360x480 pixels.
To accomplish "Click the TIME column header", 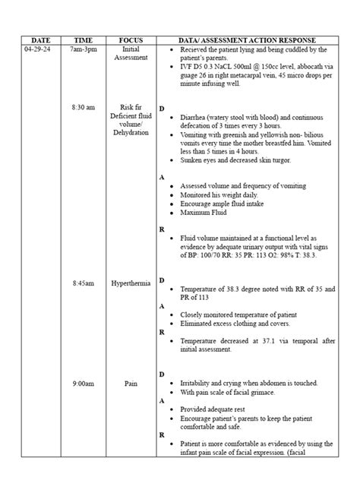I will [x=83, y=39].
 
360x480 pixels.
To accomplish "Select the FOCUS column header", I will [x=129, y=39].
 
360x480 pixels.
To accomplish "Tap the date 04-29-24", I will [x=38, y=49].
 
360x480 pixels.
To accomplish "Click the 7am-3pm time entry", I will [x=83, y=49].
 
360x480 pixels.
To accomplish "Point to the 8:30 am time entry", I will [x=83, y=107].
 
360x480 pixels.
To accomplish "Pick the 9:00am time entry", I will [x=83, y=384].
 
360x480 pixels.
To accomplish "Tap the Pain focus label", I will [x=130, y=384].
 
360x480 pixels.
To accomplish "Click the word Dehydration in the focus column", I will [x=130, y=132].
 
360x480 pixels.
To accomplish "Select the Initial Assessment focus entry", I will [x=130, y=53].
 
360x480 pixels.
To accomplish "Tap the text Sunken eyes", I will [x=198, y=160].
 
